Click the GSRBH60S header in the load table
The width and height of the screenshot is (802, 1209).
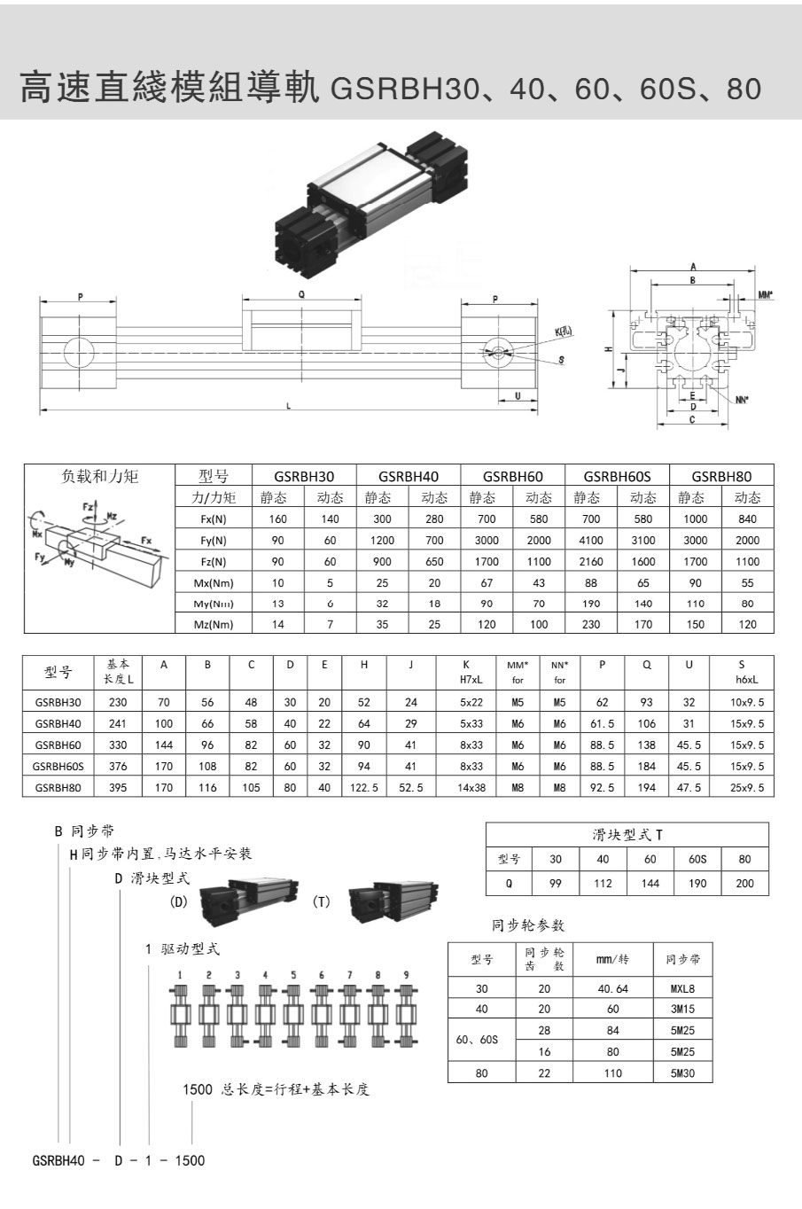(617, 476)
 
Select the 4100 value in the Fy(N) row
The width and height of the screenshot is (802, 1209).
(591, 540)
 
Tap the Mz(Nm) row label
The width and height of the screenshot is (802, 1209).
(214, 624)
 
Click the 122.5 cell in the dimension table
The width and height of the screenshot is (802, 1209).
(363, 787)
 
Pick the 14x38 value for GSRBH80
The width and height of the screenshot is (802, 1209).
(471, 787)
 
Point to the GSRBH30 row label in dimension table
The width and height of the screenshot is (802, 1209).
(58, 702)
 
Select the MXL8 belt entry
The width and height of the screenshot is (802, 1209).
(682, 988)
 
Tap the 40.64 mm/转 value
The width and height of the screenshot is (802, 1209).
(611, 988)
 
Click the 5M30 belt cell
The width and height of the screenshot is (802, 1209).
(682, 1072)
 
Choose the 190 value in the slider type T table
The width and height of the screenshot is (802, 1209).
(697, 883)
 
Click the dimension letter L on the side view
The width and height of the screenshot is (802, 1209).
(288, 406)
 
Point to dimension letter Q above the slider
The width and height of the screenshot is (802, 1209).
(301, 294)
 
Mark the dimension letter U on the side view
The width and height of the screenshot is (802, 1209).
(518, 396)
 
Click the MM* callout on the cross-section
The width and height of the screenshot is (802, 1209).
(766, 294)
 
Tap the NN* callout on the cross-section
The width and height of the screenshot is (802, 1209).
(741, 400)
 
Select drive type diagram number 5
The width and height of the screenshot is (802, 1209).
(293, 975)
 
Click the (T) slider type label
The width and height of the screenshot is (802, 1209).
(322, 901)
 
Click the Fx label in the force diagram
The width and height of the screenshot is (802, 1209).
(146, 540)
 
